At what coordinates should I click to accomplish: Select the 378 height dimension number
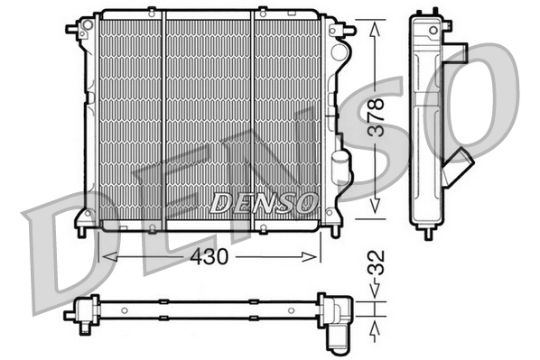pos(380,116)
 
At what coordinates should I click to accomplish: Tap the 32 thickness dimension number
pos(381,266)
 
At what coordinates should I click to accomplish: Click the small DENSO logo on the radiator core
pos(263,203)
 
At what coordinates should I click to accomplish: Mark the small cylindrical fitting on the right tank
pos(339,166)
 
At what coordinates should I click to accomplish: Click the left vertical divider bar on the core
pos(164,117)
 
